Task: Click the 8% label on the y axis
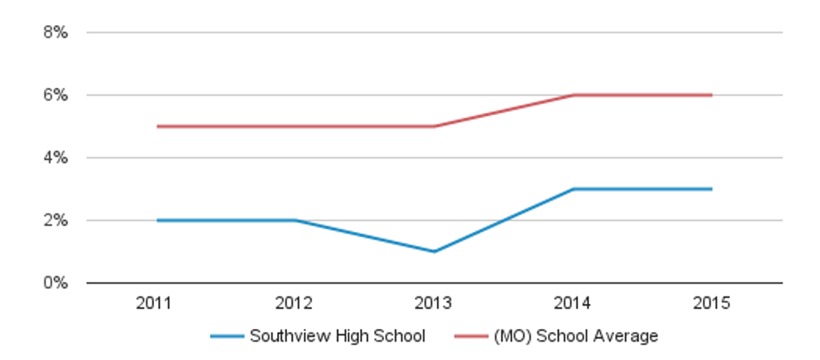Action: (55, 33)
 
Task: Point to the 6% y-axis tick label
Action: (55, 95)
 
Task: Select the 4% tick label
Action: (55, 158)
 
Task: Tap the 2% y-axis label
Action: (55, 221)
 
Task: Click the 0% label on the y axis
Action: (55, 284)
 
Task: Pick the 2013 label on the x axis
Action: (434, 303)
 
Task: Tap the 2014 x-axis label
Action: (573, 303)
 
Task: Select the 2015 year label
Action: (712, 303)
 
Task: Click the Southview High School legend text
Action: (337, 337)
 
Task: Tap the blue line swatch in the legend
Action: (227, 337)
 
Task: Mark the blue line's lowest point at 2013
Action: (434, 251)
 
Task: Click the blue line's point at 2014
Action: (573, 189)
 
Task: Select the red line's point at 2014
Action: (573, 95)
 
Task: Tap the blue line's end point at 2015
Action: (712, 189)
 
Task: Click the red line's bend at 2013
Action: (434, 126)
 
